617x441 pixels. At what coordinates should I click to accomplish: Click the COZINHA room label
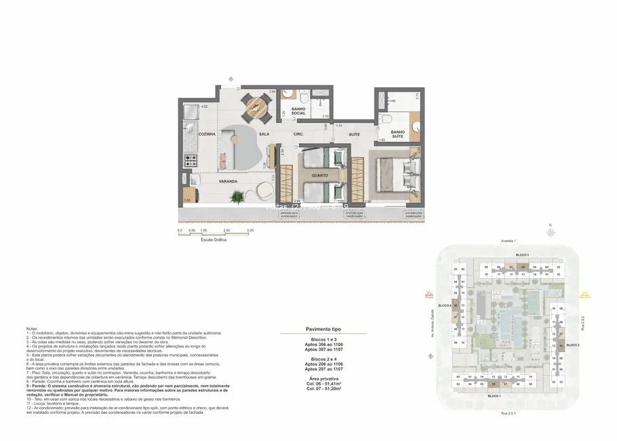207,134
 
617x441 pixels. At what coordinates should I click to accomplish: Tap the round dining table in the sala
256,105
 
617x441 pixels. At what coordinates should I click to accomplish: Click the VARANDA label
227,182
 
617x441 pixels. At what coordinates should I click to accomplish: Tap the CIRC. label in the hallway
298,134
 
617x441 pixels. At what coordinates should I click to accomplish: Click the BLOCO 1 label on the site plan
494,396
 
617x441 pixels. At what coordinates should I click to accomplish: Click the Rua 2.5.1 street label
509,413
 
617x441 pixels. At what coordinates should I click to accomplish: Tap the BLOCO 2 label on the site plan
574,345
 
